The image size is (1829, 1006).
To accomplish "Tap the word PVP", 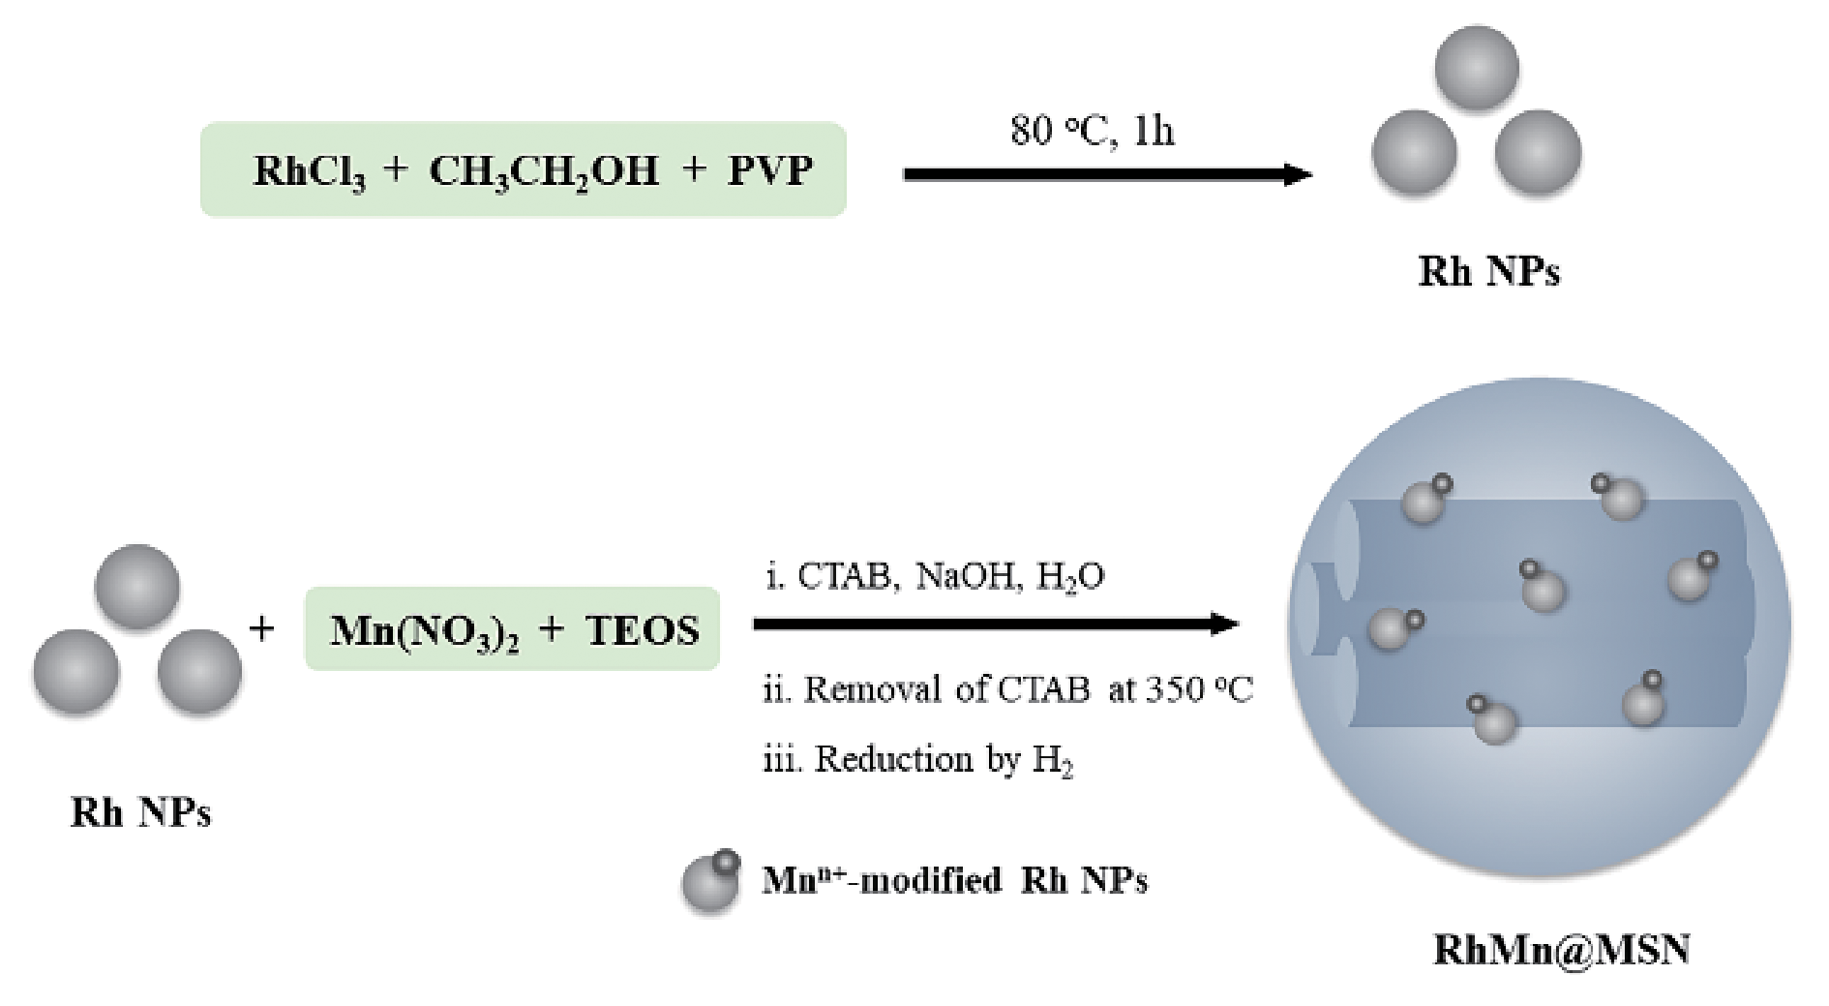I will pyautogui.click(x=769, y=171).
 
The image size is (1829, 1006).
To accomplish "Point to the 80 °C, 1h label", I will pyautogui.click(x=1093, y=130).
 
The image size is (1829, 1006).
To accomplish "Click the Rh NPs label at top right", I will pyautogui.click(x=1488, y=271).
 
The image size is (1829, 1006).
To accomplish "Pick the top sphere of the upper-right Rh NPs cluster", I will pyautogui.click(x=1476, y=68).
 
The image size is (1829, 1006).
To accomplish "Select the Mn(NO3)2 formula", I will pyautogui.click(x=424, y=630).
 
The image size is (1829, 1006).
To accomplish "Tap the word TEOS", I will pyautogui.click(x=643, y=630).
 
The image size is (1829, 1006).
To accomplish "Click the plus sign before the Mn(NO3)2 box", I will pyautogui.click(x=261, y=629).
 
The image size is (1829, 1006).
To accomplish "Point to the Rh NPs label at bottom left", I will pyautogui.click(x=141, y=811).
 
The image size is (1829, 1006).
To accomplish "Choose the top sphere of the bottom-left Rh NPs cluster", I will pyautogui.click(x=137, y=587).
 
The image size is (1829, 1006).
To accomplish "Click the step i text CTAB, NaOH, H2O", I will pyautogui.click(x=935, y=576).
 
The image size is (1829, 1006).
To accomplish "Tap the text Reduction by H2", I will pyautogui.click(x=919, y=759).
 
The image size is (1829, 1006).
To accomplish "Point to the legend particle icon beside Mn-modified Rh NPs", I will pyautogui.click(x=712, y=881).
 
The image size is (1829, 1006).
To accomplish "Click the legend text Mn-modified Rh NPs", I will pyautogui.click(x=954, y=880).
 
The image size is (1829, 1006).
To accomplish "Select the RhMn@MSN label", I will pyautogui.click(x=1561, y=950).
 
